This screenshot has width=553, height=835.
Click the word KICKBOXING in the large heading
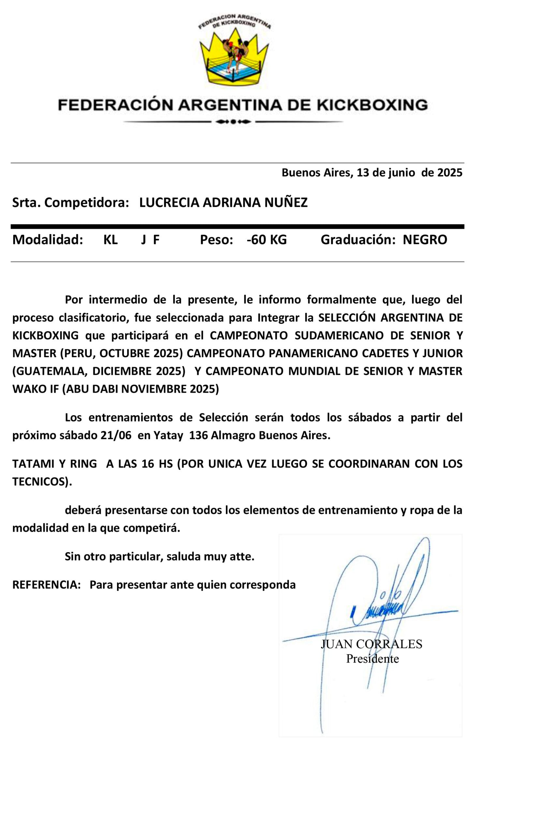(x=372, y=105)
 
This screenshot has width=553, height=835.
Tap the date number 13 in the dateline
(x=363, y=173)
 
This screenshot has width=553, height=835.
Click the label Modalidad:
(x=48, y=240)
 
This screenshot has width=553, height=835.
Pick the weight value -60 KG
(x=267, y=240)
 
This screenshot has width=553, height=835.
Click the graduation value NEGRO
(x=425, y=240)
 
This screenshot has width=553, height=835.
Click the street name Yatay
(x=168, y=435)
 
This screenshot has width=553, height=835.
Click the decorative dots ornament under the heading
(x=233, y=122)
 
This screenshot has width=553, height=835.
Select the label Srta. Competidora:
(x=70, y=203)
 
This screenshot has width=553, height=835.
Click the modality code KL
(x=110, y=240)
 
